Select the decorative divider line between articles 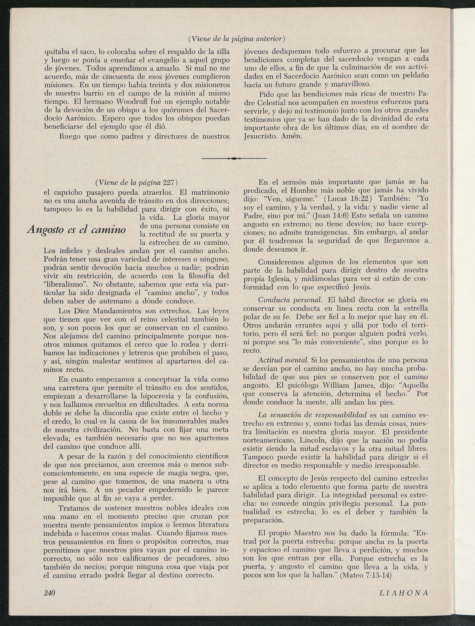tap(234, 159)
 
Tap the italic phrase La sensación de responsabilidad tap(312, 415)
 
